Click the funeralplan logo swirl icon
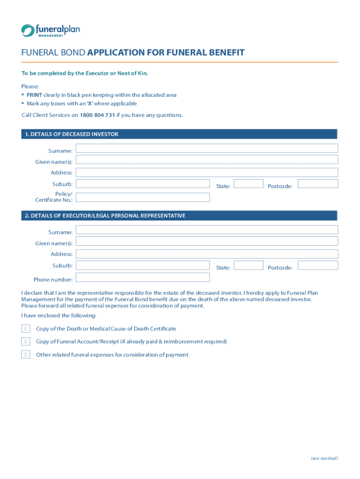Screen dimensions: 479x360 point(27,30)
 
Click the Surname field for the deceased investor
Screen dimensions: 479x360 point(206,148)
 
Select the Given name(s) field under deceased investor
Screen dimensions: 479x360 point(206,160)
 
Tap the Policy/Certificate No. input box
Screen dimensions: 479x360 point(143,197)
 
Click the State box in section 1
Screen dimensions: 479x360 point(248,184)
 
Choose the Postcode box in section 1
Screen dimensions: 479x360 point(317,184)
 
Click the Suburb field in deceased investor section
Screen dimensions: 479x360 point(143,184)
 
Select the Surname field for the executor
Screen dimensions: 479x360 point(206,230)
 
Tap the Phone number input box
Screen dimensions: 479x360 point(143,277)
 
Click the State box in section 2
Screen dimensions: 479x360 point(248,265)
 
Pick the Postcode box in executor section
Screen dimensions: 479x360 point(317,265)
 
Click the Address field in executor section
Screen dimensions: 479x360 point(206,254)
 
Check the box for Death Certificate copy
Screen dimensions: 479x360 point(26,329)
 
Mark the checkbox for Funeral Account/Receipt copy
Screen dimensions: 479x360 point(26,342)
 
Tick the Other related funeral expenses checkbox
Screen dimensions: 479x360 point(26,355)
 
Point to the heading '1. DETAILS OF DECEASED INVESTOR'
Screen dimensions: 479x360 point(72,134)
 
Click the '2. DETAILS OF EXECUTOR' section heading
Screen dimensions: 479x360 point(105,216)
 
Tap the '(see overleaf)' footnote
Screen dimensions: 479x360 point(324,458)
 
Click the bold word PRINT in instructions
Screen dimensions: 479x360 point(34,95)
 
